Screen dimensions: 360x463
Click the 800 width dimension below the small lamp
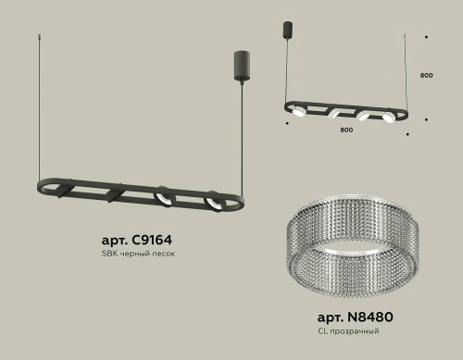[x=345, y=131]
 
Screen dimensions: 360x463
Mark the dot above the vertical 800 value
[x=425, y=38]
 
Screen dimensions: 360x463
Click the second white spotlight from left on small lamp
[x=332, y=116]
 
